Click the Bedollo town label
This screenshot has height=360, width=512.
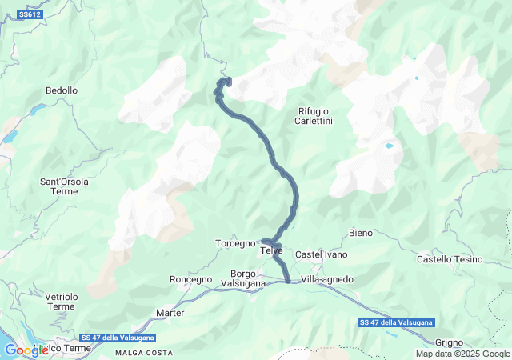click(62, 91)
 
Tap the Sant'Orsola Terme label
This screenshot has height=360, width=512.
click(64, 186)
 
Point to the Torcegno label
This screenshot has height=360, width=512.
click(234, 243)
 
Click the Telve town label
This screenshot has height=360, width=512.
click(271, 250)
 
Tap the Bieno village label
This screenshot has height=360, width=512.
click(361, 233)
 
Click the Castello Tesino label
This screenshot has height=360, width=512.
click(450, 259)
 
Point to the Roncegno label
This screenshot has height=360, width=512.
click(191, 279)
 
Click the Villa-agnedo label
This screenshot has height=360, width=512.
click(327, 279)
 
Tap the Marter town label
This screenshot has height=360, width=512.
click(170, 312)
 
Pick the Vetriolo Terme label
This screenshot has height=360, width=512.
click(61, 302)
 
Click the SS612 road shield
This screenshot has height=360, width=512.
click(30, 15)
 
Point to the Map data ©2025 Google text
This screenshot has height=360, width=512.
click(462, 354)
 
